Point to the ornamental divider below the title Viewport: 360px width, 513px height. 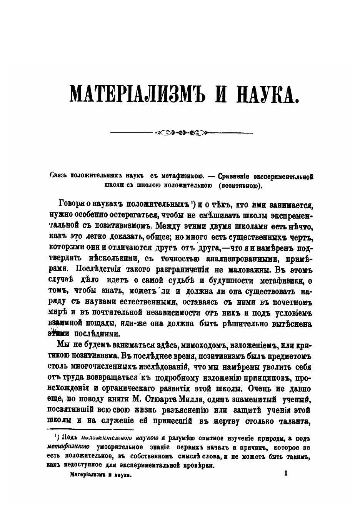(x=181, y=133)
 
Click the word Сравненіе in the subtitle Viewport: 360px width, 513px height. (x=234, y=177)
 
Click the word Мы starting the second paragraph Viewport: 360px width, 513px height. (x=62, y=343)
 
